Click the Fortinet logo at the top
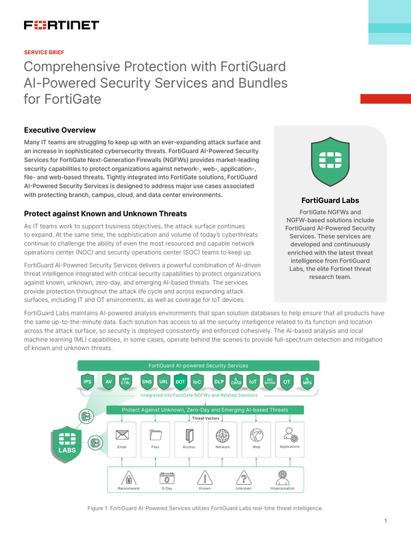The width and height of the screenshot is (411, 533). (62, 25)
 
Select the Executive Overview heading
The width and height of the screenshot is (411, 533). (60, 130)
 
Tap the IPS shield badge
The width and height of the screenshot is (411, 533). (88, 381)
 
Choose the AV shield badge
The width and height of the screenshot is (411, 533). (108, 381)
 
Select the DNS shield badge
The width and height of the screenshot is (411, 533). (147, 381)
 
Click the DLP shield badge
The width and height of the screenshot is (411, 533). (219, 381)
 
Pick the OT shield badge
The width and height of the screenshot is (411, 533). (287, 381)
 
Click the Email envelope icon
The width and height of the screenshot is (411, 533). (123, 435)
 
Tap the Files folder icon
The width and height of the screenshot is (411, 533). (155, 435)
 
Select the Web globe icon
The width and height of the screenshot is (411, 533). (257, 435)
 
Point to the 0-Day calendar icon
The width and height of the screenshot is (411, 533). (166, 477)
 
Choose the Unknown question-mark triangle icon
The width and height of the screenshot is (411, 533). (243, 477)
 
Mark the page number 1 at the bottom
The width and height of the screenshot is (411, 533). (386, 521)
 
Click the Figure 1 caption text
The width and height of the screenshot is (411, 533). (205, 508)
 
